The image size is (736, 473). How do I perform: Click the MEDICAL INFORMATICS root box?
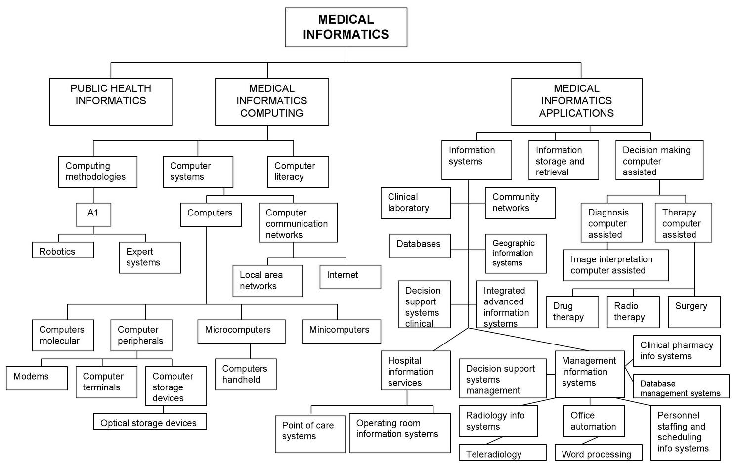[x=346, y=27]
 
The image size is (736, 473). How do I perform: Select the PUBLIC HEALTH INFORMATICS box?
[x=111, y=101]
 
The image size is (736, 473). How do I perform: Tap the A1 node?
[x=93, y=214]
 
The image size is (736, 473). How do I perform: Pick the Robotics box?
[x=63, y=250]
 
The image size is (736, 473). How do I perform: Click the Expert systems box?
[x=150, y=257]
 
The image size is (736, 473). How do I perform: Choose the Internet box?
[x=350, y=276]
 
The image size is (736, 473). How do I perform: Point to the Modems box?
[x=37, y=378]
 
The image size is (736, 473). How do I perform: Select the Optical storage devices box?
[x=150, y=422]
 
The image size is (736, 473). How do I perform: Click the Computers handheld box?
[x=246, y=374]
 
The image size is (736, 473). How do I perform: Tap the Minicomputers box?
[x=342, y=331]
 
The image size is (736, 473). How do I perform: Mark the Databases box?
[x=420, y=245]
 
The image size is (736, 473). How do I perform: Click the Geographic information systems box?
[x=516, y=253]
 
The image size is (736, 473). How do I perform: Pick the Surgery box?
[x=694, y=311]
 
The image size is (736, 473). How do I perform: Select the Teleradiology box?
[x=503, y=453]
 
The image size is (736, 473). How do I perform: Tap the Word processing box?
[x=599, y=453]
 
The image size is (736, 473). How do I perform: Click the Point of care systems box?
[x=310, y=433]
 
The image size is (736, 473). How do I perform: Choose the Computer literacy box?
[x=298, y=172]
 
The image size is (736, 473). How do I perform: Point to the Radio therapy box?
[x=633, y=311]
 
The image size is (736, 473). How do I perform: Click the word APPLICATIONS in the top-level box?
[x=576, y=113]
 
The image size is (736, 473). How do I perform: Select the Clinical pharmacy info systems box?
[x=677, y=351]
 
